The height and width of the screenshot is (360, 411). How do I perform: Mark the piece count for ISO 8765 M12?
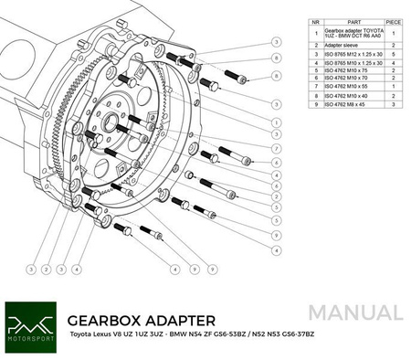pos(393,51)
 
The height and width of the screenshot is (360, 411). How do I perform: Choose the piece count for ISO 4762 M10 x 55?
pos(393,87)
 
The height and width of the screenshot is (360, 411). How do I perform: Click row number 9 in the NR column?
pos(315,104)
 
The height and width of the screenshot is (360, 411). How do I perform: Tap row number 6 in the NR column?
pos(315,78)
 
